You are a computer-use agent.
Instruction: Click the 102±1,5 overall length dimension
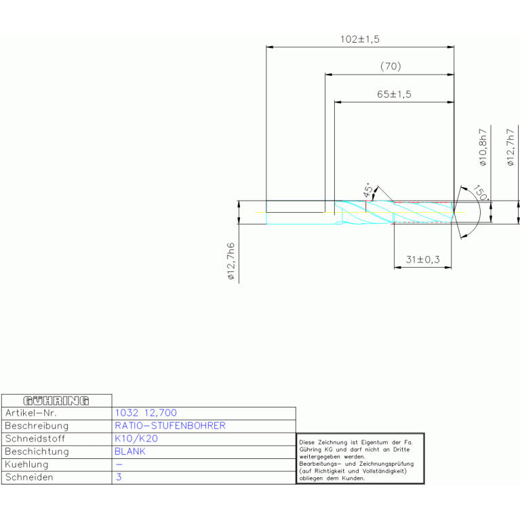360,39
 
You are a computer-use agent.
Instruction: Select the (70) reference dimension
391,66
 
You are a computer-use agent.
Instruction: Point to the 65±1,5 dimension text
394,94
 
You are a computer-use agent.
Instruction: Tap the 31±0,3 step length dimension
423,260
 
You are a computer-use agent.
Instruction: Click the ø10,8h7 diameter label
483,147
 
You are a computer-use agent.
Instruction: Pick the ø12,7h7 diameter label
510,147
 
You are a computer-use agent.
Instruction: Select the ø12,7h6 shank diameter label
231,261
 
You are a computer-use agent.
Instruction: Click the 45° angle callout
368,190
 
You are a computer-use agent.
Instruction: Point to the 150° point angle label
481,193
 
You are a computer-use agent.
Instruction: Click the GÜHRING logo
56,401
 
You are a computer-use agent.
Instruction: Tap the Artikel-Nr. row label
31,413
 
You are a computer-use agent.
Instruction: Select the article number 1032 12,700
146,413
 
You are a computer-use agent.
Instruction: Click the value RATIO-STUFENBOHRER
170,426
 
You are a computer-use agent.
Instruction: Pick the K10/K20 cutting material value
136,439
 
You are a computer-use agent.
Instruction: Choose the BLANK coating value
130,452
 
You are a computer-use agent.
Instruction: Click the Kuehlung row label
26,464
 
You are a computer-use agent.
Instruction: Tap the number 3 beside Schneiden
119,477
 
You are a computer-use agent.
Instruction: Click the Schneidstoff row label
35,439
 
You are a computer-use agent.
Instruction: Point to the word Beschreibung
37,426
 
